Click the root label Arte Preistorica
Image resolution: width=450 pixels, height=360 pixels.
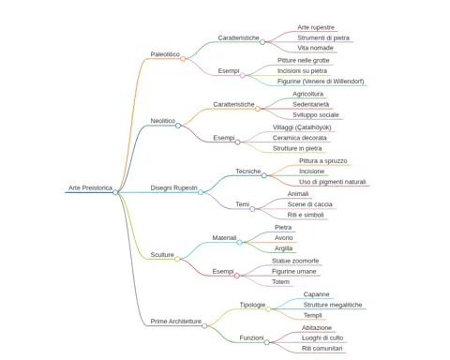90,187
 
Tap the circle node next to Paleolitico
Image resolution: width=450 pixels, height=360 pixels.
183,59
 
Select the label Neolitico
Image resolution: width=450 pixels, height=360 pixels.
163,121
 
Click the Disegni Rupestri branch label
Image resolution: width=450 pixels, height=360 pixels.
173,187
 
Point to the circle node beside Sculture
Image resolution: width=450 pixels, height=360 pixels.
177,259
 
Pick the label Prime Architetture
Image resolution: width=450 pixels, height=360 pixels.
176,322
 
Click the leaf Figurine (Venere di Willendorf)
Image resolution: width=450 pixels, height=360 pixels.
321,82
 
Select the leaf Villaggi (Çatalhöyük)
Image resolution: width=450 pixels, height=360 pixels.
302,127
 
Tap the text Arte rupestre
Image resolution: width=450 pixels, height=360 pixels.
316,27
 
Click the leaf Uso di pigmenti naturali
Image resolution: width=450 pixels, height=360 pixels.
333,182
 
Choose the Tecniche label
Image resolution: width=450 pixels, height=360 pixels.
248,172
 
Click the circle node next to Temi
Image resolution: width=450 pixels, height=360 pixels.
252,209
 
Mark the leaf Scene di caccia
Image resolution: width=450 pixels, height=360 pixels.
310,204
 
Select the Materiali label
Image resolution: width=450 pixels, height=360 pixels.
224,238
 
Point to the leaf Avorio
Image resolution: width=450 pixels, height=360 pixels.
284,238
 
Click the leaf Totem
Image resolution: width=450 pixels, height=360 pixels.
280,282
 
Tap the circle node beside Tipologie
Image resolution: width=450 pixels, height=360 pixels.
268,309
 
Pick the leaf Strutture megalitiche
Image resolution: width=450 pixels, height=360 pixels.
333,305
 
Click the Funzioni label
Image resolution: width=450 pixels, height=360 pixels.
251,337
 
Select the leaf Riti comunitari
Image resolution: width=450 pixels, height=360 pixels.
322,349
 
